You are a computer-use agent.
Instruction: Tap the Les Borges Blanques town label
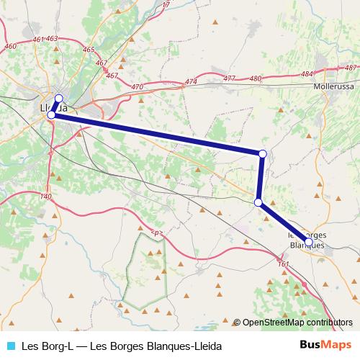[306, 240]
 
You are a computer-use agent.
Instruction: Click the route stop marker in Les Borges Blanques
[309, 242]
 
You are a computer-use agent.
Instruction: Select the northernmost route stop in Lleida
[59, 99]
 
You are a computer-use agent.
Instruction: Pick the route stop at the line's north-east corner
[263, 153]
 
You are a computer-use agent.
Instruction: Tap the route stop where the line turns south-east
[258, 202]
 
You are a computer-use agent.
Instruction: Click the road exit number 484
[307, 73]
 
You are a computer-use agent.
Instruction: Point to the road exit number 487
[351, 68]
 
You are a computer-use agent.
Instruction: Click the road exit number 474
[191, 82]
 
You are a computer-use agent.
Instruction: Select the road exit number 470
[138, 87]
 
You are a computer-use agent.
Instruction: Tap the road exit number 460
[10, 46]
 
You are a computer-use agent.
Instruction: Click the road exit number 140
[46, 197]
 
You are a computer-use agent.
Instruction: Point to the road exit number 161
[283, 264]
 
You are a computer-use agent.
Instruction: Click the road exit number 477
[229, 78]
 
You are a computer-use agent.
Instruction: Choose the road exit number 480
[255, 78]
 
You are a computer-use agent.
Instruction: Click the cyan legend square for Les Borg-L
[11, 346]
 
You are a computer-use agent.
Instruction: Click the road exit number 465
[89, 50]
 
